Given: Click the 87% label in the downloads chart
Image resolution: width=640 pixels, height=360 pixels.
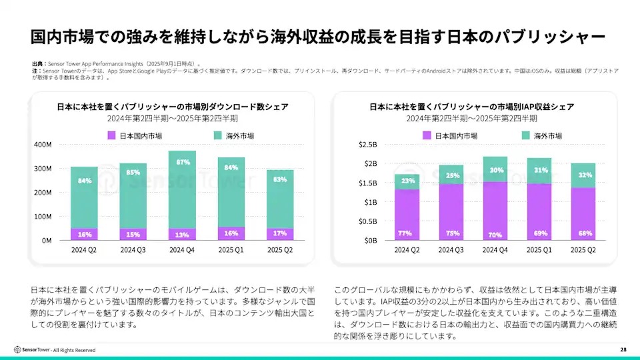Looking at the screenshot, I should (183, 162).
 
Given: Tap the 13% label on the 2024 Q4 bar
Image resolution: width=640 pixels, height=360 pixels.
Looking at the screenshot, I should (183, 235).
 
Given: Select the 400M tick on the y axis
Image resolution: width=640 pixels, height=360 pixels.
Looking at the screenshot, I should (42, 145).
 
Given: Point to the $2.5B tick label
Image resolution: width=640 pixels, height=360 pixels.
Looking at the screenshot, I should (367, 145).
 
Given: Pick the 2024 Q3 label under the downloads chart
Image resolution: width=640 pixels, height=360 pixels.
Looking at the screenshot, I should (133, 250).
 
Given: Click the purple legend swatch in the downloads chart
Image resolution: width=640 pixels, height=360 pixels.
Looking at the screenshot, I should (111, 135).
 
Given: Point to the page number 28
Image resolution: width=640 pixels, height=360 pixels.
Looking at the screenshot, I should (623, 349).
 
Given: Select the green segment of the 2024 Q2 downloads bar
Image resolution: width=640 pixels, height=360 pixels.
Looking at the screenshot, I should (84, 197).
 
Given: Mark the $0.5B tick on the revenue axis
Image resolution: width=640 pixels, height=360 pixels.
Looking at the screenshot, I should (367, 221).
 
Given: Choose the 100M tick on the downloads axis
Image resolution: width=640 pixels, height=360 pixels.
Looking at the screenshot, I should (42, 217).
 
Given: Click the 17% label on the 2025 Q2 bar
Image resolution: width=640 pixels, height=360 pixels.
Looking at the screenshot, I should (279, 233).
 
